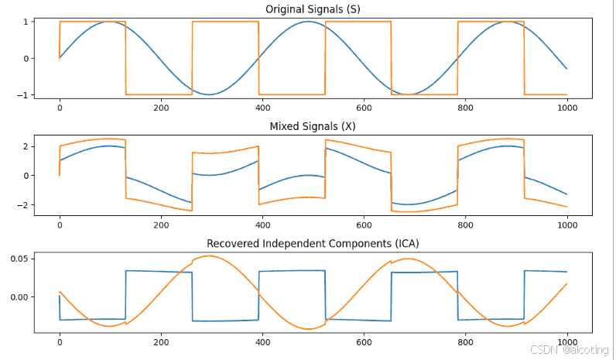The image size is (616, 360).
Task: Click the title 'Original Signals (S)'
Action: pos(313,9)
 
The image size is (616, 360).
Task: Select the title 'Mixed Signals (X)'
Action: pos(313,126)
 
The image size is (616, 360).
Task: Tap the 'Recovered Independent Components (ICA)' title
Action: pos(313,243)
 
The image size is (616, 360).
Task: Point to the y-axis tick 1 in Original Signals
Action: pos(26,22)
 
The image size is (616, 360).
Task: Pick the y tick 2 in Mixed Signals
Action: pos(26,146)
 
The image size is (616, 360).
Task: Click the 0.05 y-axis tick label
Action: pos(19,259)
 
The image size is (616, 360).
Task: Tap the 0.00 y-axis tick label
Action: pos(19,297)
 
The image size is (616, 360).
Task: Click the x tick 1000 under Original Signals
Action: pos(567,108)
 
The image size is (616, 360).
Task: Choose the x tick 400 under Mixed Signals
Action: pos(262,225)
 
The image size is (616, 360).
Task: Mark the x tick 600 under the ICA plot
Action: pos(364,342)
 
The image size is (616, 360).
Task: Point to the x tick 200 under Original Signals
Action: pos(161,108)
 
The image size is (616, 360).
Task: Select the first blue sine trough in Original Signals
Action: pos(209,94)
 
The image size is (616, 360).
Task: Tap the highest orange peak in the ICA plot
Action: pos(208,255)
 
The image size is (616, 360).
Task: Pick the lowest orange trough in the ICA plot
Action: pos(309,329)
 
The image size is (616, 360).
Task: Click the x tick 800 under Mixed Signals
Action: pos(466,225)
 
